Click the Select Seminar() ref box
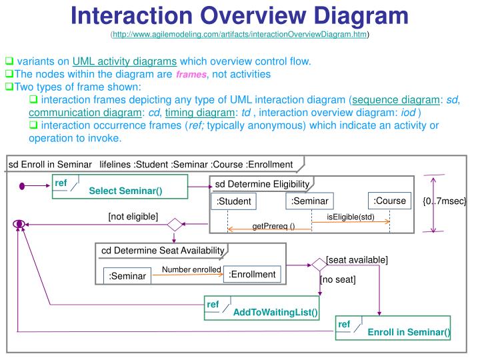[120, 187]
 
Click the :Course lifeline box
[389, 201]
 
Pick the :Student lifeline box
[233, 202]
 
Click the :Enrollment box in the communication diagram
[252, 274]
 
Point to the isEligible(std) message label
[351, 217]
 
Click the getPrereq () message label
[273, 227]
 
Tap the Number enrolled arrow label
[191, 269]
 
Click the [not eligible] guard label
[133, 216]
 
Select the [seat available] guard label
[357, 259]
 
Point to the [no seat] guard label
[338, 279]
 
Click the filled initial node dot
[22, 186]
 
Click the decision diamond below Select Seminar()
[175, 225]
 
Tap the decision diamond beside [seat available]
[319, 265]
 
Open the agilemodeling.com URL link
[240, 34]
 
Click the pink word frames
[190, 75]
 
